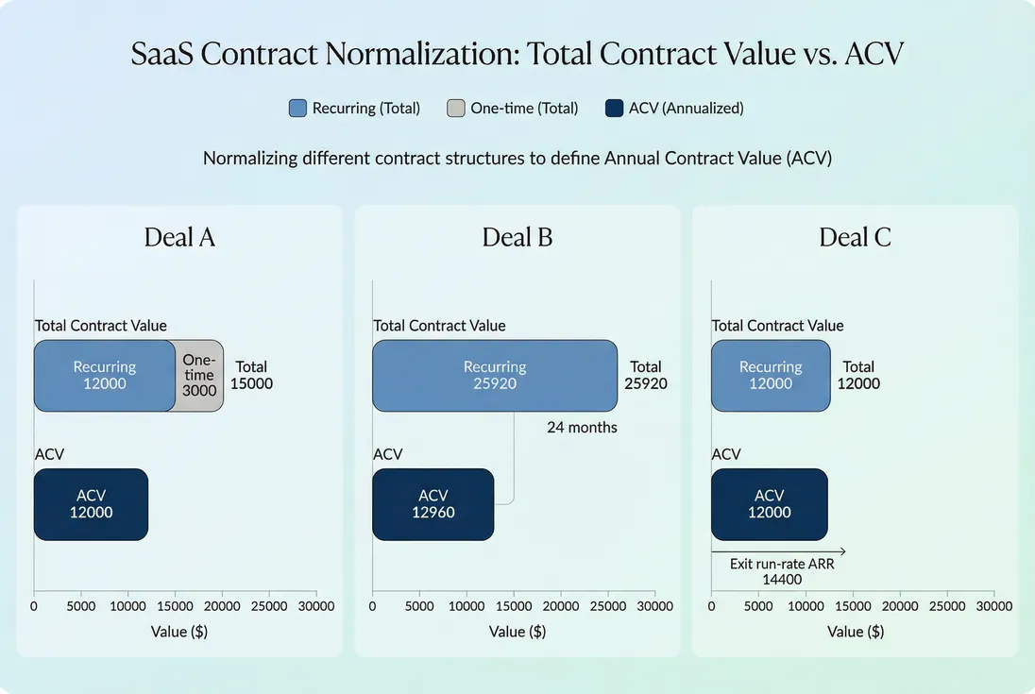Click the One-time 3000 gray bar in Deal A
click(199, 376)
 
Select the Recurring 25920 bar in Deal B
click(495, 376)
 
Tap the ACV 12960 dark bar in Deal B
click(433, 504)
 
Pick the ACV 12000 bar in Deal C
click(769, 504)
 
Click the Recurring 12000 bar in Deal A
click(105, 376)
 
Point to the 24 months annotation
click(582, 428)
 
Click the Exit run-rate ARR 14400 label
click(782, 572)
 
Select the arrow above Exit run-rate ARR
click(778, 550)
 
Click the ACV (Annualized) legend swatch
click(613, 108)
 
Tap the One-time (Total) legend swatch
click(455, 108)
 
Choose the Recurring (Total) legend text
click(366, 108)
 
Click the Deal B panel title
click(517, 237)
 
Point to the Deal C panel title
click(855, 237)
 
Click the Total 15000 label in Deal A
click(251, 376)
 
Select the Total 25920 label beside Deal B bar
click(646, 376)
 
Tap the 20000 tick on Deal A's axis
click(222, 606)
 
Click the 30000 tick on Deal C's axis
click(993, 606)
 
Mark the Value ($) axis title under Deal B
click(517, 632)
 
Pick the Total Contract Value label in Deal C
click(777, 326)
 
